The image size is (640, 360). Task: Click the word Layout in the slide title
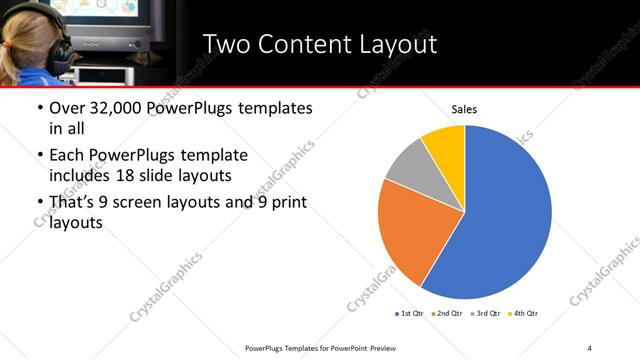(x=390, y=44)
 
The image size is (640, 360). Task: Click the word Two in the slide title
(x=228, y=44)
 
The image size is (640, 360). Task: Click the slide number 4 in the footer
(x=590, y=347)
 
